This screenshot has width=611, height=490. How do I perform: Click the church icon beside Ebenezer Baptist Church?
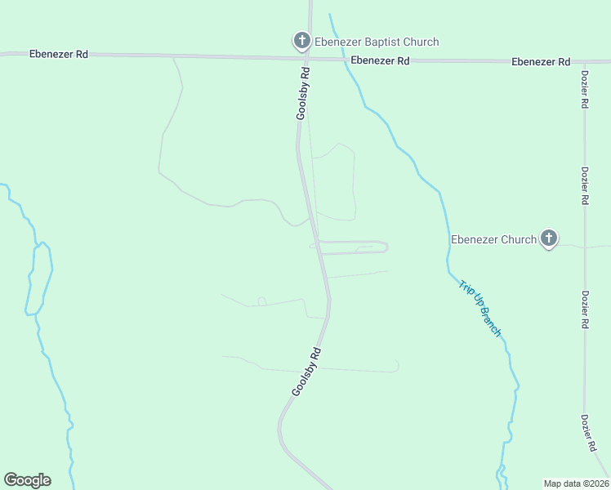tap(301, 41)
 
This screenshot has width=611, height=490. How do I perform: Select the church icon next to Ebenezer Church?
tap(549, 238)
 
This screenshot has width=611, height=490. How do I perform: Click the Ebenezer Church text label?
tap(493, 239)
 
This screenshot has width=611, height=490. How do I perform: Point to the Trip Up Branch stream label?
tap(479, 309)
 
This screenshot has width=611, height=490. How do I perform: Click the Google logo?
tap(27, 480)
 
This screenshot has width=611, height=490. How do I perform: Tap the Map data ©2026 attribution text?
tap(576, 483)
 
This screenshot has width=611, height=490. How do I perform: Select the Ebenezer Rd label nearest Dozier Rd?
tap(541, 62)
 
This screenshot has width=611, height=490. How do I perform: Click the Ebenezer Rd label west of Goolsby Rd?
tap(58, 54)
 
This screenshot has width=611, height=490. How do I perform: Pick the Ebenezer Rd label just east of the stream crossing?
tap(380, 61)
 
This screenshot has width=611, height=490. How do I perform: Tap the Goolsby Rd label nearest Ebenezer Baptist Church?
tap(303, 99)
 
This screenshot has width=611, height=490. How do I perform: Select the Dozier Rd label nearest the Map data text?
tap(586, 434)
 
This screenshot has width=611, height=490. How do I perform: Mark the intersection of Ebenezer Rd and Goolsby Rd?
tap(306, 59)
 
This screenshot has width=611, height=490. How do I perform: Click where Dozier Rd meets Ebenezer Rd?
tap(583, 63)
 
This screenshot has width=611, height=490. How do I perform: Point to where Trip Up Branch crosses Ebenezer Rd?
tap(345, 59)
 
